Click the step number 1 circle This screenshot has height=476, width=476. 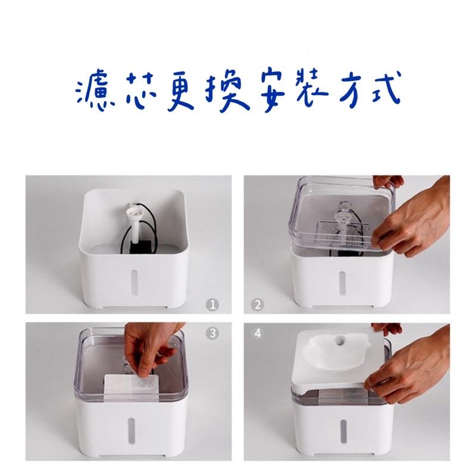(x=212, y=304)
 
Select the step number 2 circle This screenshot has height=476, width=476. (x=258, y=305)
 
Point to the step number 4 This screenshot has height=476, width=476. (x=258, y=333)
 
